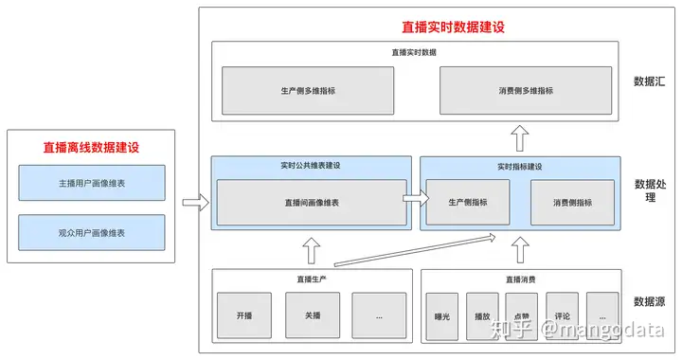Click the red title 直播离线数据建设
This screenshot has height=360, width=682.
click(x=91, y=147)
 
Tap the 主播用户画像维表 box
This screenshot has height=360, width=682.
click(x=91, y=182)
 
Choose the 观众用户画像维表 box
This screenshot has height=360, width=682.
click(x=91, y=232)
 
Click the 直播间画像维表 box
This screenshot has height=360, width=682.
click(x=311, y=202)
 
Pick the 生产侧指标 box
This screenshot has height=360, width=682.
click(x=467, y=202)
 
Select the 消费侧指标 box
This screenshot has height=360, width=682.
click(x=572, y=202)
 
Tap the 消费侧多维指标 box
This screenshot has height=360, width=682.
click(x=526, y=91)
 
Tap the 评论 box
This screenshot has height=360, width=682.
click(x=562, y=317)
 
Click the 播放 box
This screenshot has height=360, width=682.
click(x=482, y=317)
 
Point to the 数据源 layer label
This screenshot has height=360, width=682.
click(x=649, y=301)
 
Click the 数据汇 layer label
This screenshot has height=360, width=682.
click(x=649, y=81)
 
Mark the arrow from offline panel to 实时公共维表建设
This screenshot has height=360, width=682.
click(x=194, y=202)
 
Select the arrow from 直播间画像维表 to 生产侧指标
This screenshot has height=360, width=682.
click(x=412, y=200)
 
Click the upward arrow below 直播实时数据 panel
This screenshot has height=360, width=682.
click(x=519, y=140)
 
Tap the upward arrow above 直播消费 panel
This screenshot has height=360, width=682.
click(x=519, y=250)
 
